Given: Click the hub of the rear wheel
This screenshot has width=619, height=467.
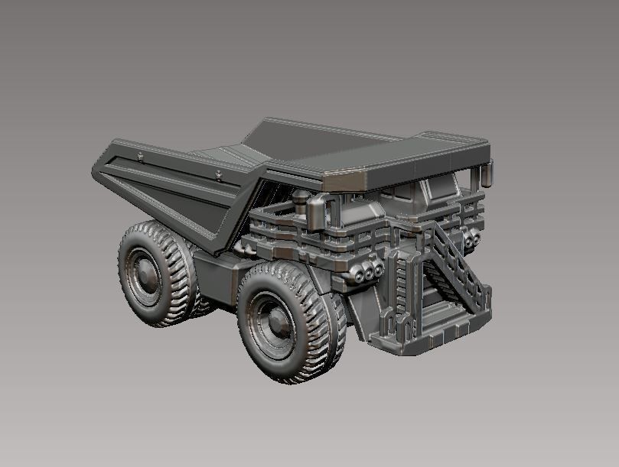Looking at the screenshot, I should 142,271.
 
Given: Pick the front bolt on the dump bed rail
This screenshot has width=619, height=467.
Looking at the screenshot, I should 219,176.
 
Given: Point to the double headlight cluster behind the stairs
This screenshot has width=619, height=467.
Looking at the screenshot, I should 471,239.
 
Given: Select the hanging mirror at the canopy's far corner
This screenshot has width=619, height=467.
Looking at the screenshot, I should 487,174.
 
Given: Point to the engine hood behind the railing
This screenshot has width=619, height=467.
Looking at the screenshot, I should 360,210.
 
